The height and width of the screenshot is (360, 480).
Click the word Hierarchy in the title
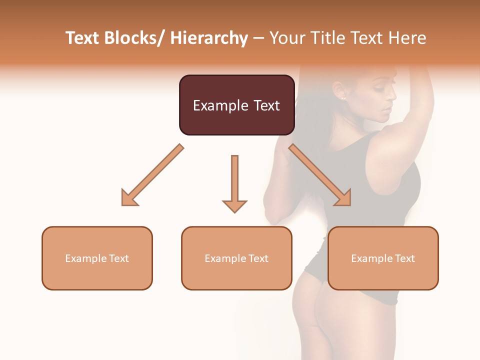click(x=209, y=38)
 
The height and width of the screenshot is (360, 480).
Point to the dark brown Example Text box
click(x=236, y=105)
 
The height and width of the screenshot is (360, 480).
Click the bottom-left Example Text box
click(x=97, y=258)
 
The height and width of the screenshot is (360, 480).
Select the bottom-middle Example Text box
click(x=236, y=258)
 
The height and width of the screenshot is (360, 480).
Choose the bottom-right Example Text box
click(x=383, y=258)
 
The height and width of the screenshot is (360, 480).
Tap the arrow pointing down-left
click(x=152, y=175)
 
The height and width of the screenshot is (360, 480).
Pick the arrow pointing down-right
click(x=320, y=175)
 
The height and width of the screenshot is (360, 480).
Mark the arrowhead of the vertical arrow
click(x=234, y=205)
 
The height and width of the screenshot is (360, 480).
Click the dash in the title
click(x=259, y=38)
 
